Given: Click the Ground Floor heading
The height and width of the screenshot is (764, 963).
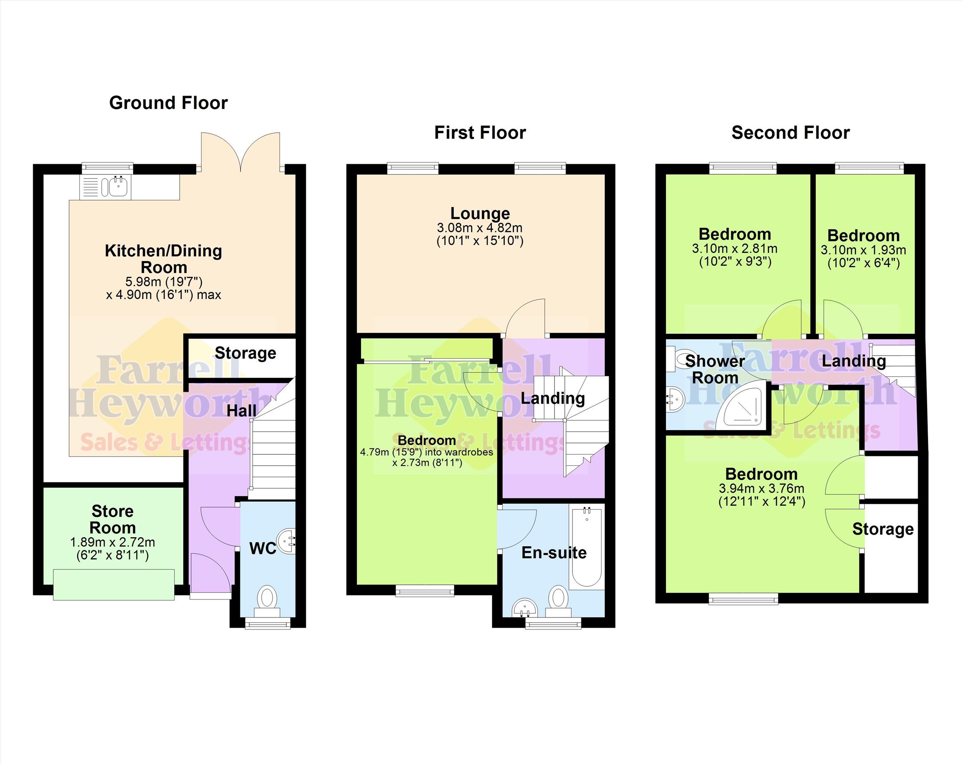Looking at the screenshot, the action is [168, 103].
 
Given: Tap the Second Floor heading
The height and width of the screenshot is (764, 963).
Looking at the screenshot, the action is [791, 133].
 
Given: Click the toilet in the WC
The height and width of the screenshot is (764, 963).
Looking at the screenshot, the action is [267, 601].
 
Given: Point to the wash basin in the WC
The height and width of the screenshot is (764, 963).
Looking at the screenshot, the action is [287, 542].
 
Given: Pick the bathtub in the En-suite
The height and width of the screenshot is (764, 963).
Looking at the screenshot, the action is [586, 548].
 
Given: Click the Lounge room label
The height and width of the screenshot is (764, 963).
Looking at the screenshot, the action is [480, 214].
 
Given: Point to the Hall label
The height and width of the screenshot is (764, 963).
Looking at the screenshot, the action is [242, 410].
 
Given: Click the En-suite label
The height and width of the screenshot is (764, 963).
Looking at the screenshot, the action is [554, 553].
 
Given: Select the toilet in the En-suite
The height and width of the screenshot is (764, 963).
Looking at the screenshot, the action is [557, 601].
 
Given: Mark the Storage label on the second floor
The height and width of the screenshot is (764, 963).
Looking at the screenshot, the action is [883, 529].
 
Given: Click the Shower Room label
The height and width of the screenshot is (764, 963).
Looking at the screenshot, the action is [715, 369].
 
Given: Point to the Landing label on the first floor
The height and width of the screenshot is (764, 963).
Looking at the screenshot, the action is [553, 398].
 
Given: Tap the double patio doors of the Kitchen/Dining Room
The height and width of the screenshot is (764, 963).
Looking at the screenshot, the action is [241, 152].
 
